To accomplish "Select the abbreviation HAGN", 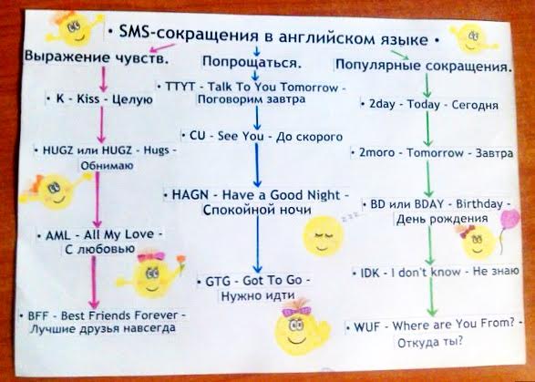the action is [x=190, y=194].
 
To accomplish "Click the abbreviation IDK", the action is [x=370, y=273].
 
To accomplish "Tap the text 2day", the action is [x=382, y=103].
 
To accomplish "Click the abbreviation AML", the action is [x=57, y=235].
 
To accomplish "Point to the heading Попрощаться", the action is [x=252, y=62].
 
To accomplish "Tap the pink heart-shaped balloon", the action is [x=509, y=219].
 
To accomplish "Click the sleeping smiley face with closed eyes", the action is [x=323, y=235].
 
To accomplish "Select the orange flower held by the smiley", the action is [x=180, y=260].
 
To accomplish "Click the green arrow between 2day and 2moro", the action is [x=427, y=129].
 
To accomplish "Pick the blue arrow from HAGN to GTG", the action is [x=258, y=243].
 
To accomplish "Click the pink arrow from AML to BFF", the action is [x=94, y=283].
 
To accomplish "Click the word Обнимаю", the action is [x=107, y=166].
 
